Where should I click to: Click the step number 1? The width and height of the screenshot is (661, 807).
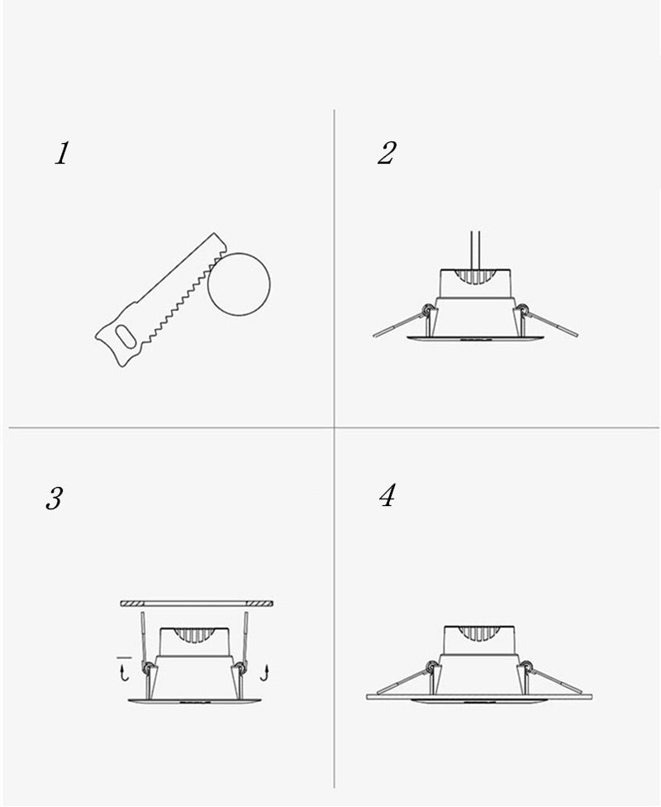(x=62, y=154)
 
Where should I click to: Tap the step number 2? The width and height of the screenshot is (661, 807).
(x=387, y=153)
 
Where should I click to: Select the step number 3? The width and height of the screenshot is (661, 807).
(x=54, y=499)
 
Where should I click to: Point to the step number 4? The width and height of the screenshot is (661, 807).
(x=388, y=495)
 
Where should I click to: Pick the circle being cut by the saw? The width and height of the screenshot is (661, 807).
(x=239, y=284)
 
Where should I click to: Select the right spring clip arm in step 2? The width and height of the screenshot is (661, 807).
(x=550, y=323)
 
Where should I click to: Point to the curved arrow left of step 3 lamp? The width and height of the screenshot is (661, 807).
(x=124, y=673)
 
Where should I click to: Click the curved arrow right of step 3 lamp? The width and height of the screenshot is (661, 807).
(x=264, y=673)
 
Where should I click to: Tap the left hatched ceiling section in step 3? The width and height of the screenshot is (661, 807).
(x=131, y=604)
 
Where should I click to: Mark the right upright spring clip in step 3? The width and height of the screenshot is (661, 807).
(x=245, y=638)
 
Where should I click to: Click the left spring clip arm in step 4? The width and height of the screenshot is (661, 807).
(x=402, y=680)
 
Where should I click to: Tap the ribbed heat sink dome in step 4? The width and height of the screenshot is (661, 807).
(x=478, y=634)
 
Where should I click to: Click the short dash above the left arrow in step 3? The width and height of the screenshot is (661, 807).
(x=124, y=657)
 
